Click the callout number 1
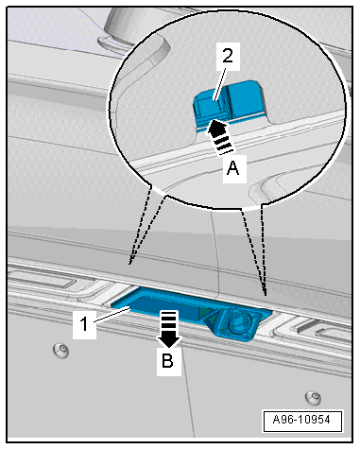coord(84,324)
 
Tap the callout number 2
coord(228,57)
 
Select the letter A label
coord(233,168)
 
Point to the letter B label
coord(168,361)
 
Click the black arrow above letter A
coord(218,136)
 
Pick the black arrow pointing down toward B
coord(169,329)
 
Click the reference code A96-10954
coord(301,420)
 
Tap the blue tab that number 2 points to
coord(210,105)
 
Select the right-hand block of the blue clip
coord(246,97)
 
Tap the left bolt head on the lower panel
coord(62,350)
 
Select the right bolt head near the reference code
coord(314,397)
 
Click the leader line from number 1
coord(111,315)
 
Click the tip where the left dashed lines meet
coord(129,264)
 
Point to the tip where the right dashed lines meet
coord(266,295)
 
